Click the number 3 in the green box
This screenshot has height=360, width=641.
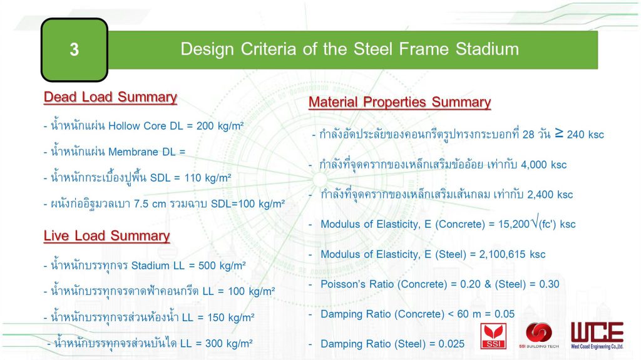(x=74, y=49)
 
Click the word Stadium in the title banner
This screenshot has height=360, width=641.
(x=487, y=49)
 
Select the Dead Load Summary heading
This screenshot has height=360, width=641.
(x=110, y=97)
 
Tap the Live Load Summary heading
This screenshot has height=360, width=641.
(x=106, y=235)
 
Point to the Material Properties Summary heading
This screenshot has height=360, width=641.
(x=399, y=102)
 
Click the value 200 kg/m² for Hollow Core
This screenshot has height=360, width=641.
(x=220, y=126)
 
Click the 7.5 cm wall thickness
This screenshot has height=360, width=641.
(x=150, y=203)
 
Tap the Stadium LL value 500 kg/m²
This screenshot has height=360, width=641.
(x=222, y=265)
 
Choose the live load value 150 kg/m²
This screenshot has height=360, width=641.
(x=231, y=317)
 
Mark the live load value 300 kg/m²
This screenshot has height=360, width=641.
(x=228, y=343)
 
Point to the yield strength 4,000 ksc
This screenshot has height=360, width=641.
(x=544, y=165)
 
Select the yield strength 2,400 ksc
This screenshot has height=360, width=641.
(x=550, y=195)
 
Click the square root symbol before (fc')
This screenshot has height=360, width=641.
(x=535, y=221)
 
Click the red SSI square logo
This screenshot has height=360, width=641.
(x=493, y=336)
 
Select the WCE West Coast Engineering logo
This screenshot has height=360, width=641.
(x=597, y=336)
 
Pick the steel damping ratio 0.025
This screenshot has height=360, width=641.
(x=451, y=344)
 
